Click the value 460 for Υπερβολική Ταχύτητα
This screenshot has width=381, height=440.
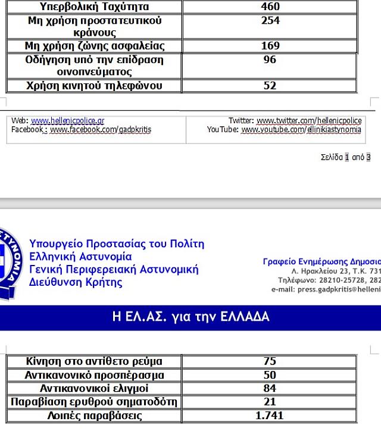270,7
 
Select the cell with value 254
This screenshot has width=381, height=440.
270,21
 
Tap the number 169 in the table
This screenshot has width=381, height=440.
270,46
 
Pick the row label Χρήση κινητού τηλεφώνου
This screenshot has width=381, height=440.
94,86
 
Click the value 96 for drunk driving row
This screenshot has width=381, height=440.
270,60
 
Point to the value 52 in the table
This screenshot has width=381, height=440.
270,86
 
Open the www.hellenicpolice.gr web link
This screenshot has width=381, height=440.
67,121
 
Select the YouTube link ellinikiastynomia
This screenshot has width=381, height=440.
301,129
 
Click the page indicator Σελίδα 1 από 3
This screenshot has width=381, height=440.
345,157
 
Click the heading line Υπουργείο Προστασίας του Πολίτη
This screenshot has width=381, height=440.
116,244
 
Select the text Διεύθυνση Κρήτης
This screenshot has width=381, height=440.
76,282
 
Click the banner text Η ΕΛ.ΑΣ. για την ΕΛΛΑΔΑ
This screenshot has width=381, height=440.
190,317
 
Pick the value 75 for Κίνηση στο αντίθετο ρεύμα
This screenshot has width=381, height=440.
270,361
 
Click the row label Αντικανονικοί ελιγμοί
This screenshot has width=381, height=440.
94,388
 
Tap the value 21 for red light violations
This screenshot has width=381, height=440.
270,402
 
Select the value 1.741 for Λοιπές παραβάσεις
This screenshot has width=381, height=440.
270,416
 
